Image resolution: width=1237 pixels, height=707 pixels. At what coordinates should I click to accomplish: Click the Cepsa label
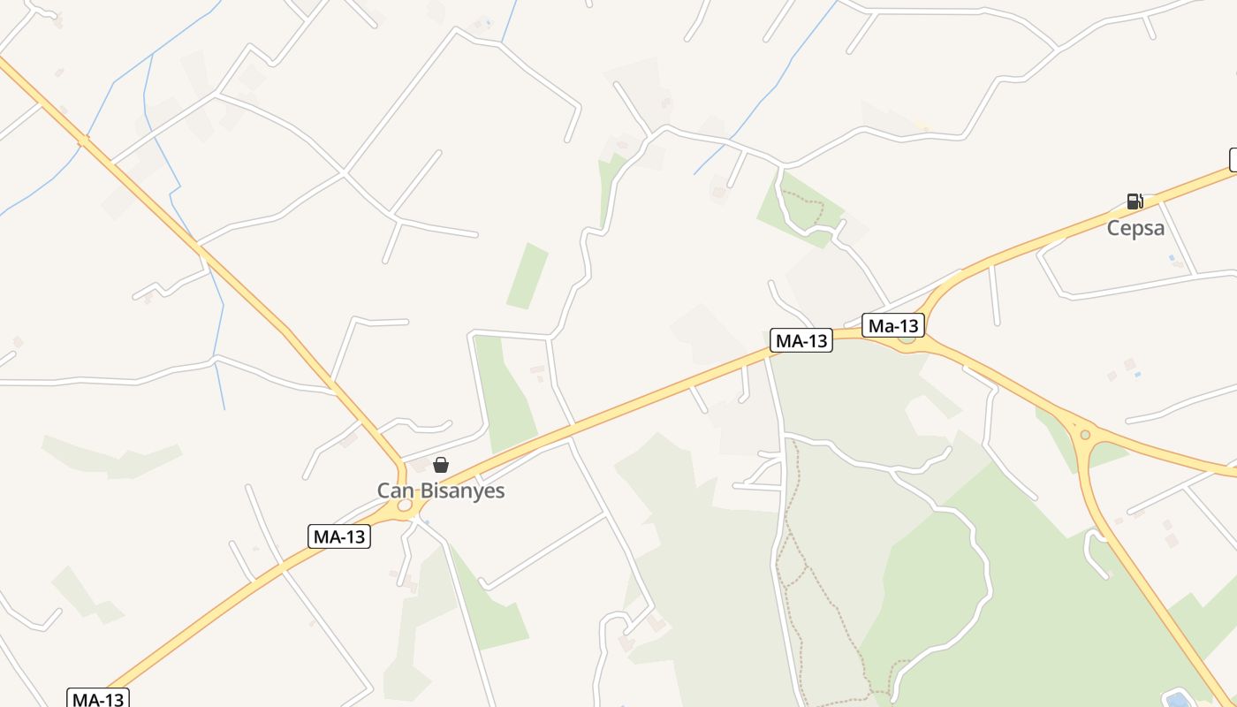(1135, 228)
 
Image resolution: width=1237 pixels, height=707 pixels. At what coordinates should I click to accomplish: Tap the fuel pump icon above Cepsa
(1135, 201)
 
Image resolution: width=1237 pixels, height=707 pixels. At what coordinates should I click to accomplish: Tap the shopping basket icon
(441, 465)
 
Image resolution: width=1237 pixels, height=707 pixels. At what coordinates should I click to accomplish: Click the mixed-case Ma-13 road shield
(894, 325)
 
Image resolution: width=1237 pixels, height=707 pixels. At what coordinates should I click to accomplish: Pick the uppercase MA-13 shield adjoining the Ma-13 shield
(801, 340)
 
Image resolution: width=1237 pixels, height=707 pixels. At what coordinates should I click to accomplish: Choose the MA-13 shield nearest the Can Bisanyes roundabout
(339, 536)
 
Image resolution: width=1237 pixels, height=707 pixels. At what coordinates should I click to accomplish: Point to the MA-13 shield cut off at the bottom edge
(99, 699)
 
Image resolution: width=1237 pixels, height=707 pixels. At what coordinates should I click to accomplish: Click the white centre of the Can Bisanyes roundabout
(405, 506)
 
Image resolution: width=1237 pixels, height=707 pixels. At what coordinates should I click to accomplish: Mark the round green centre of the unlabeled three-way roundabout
(1085, 434)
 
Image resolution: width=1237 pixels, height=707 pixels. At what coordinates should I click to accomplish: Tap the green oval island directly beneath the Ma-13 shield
(907, 338)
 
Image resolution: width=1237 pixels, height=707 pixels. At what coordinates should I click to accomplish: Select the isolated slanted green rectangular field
(527, 276)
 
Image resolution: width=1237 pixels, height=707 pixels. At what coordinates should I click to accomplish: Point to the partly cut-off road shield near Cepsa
(1233, 160)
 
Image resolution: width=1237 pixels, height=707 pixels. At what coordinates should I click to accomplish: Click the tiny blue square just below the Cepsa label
(1172, 257)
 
